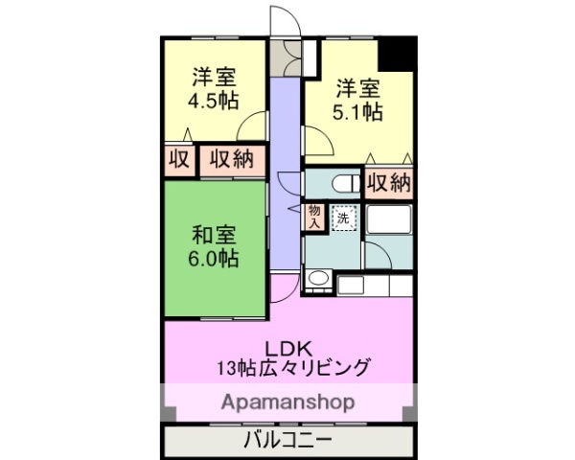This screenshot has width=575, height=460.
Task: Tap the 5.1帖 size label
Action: click(x=358, y=113)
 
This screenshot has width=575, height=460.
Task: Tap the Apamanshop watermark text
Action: click(x=287, y=401)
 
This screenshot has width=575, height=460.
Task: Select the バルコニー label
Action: click(x=287, y=441)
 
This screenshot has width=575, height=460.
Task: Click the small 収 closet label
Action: click(x=178, y=159)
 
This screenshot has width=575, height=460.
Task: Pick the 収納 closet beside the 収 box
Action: click(x=232, y=159)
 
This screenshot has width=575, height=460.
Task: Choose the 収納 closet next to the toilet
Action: click(x=388, y=181)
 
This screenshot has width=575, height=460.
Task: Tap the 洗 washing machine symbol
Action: click(x=343, y=218)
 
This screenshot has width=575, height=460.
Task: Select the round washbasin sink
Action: click(x=317, y=279)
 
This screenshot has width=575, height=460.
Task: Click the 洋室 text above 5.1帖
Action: click(x=358, y=90)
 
